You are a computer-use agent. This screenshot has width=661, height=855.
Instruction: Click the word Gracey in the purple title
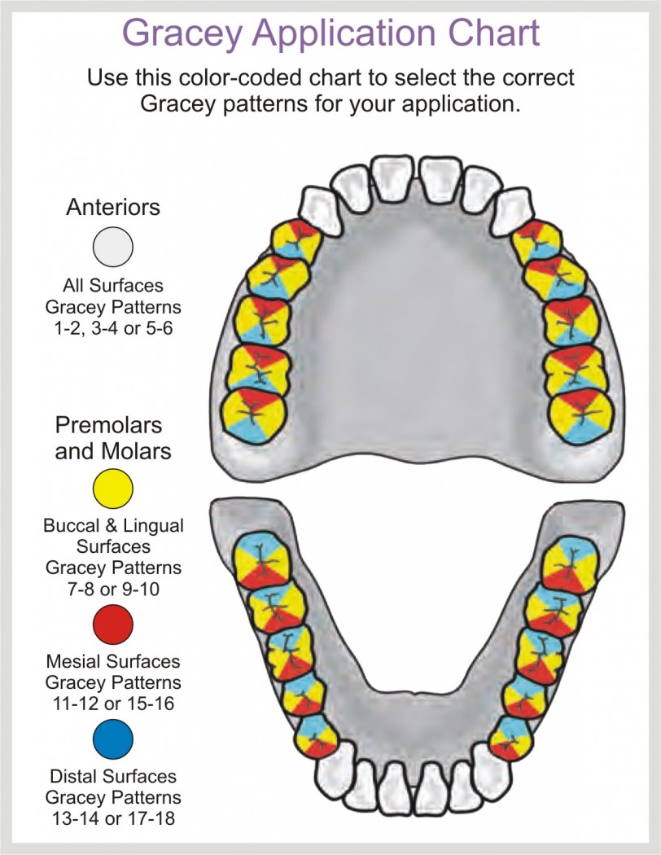pos(182,34)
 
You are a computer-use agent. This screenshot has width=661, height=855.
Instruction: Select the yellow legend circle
pos(113,489)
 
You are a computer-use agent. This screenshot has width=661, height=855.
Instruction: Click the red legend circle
pos(113,625)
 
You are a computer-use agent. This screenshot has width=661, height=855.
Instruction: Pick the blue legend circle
pos(113,739)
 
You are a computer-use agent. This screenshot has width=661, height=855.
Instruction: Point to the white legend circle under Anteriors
pos(113,247)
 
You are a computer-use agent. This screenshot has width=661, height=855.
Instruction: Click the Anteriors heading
pos(113,207)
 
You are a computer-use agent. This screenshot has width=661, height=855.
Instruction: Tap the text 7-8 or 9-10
pos(113,589)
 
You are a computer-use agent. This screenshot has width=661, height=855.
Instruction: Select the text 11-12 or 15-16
pos(113,704)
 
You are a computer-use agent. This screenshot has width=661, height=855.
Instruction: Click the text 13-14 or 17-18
pos(113,818)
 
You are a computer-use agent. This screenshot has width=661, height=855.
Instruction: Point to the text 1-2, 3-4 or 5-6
pos(113,328)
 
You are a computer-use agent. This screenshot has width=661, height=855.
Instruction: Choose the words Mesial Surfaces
pos(113,661)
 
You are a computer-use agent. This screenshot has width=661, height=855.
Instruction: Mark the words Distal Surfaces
pos(113,777)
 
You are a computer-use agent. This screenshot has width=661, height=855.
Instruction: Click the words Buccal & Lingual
pos(113,526)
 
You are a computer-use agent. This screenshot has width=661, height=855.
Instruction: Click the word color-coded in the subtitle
pos(243,77)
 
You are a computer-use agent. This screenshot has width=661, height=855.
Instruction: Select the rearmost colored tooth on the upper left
pos(255,414)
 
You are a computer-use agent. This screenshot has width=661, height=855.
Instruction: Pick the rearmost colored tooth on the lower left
pos(263,560)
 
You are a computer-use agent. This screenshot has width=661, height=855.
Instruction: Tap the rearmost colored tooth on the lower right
pos(571,565)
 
